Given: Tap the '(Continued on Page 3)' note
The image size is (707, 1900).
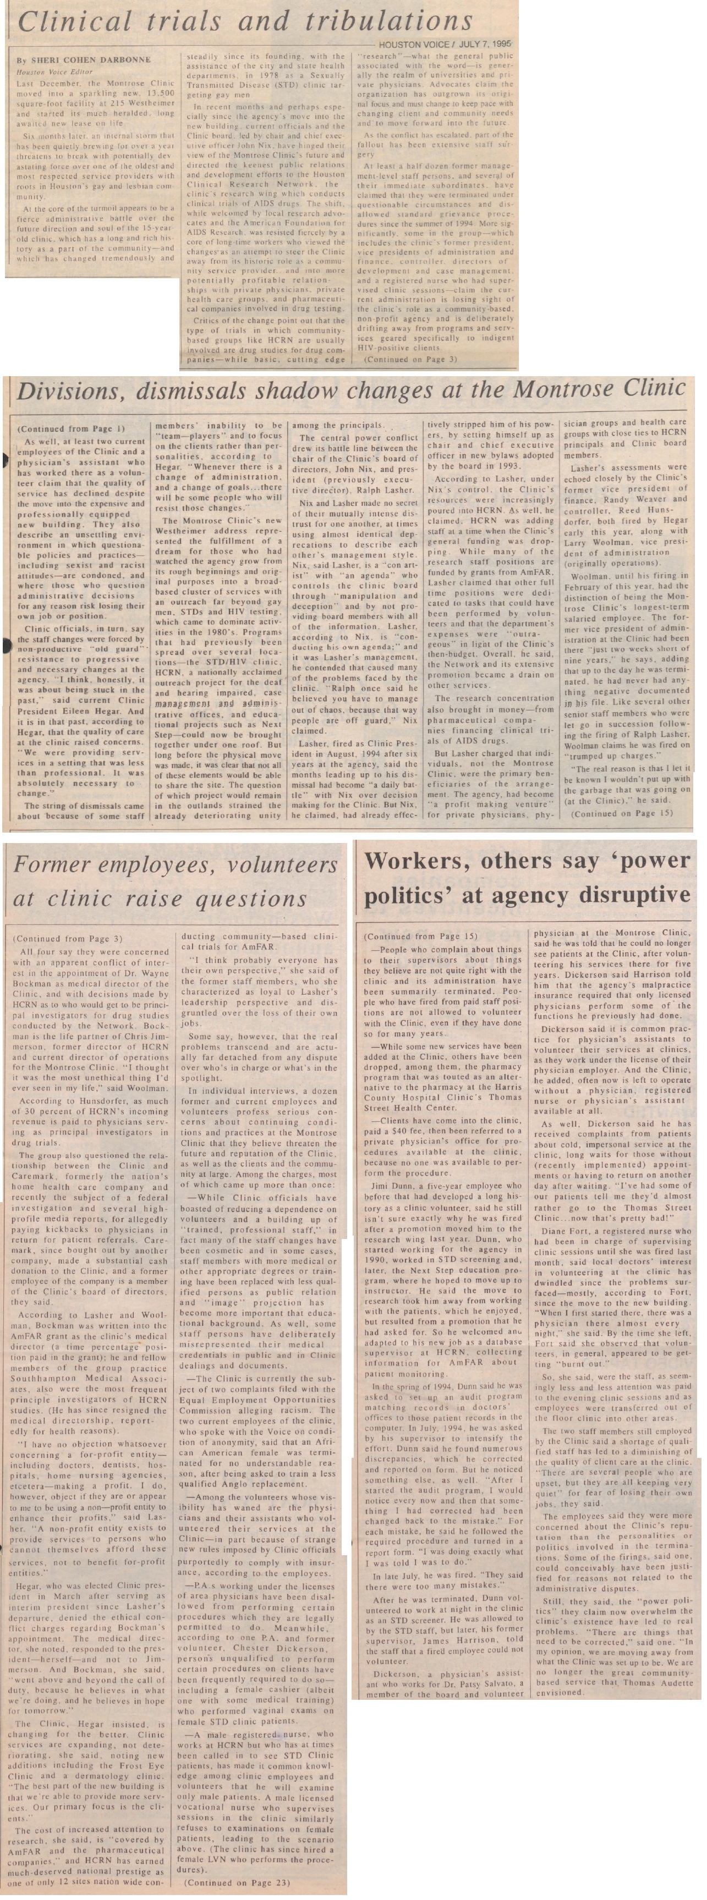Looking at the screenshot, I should tap(410, 359).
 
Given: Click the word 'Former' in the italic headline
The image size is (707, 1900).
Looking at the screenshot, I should tap(61, 864).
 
